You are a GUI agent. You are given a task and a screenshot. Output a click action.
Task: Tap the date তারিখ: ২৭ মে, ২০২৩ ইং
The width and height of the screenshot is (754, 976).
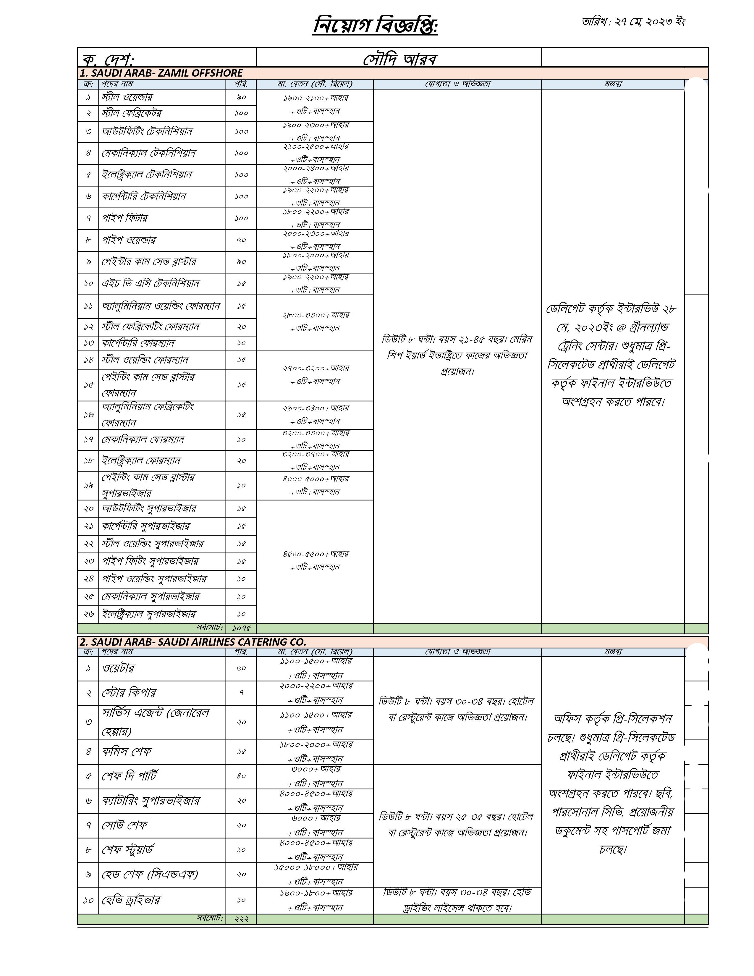point(633,22)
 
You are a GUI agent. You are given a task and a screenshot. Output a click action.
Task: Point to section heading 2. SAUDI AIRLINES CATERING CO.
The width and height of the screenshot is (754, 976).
point(193,642)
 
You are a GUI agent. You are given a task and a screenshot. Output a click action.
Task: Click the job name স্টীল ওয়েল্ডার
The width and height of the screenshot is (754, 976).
point(127,97)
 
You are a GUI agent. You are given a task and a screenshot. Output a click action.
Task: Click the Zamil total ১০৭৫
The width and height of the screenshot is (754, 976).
point(241,628)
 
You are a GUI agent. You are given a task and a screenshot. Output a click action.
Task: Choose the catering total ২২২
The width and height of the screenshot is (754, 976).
point(241,919)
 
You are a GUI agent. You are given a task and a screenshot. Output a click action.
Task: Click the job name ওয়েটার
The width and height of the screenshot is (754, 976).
point(118,668)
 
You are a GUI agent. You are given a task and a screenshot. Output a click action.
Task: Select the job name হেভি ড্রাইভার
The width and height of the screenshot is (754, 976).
point(131,900)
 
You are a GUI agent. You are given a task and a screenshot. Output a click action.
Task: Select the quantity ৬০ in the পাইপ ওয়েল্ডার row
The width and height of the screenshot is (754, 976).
point(241,240)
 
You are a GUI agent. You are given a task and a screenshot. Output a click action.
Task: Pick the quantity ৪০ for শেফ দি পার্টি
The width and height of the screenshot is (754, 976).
point(241,776)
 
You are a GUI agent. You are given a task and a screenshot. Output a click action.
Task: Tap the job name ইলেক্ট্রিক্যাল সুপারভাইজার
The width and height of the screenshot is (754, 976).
point(149,614)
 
